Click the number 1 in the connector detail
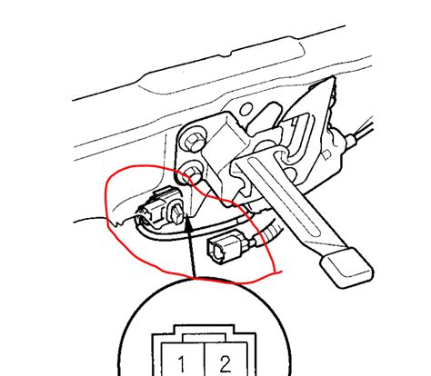pos(182,364)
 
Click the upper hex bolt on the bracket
pos(193,141)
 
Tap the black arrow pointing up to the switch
pos(190,245)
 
